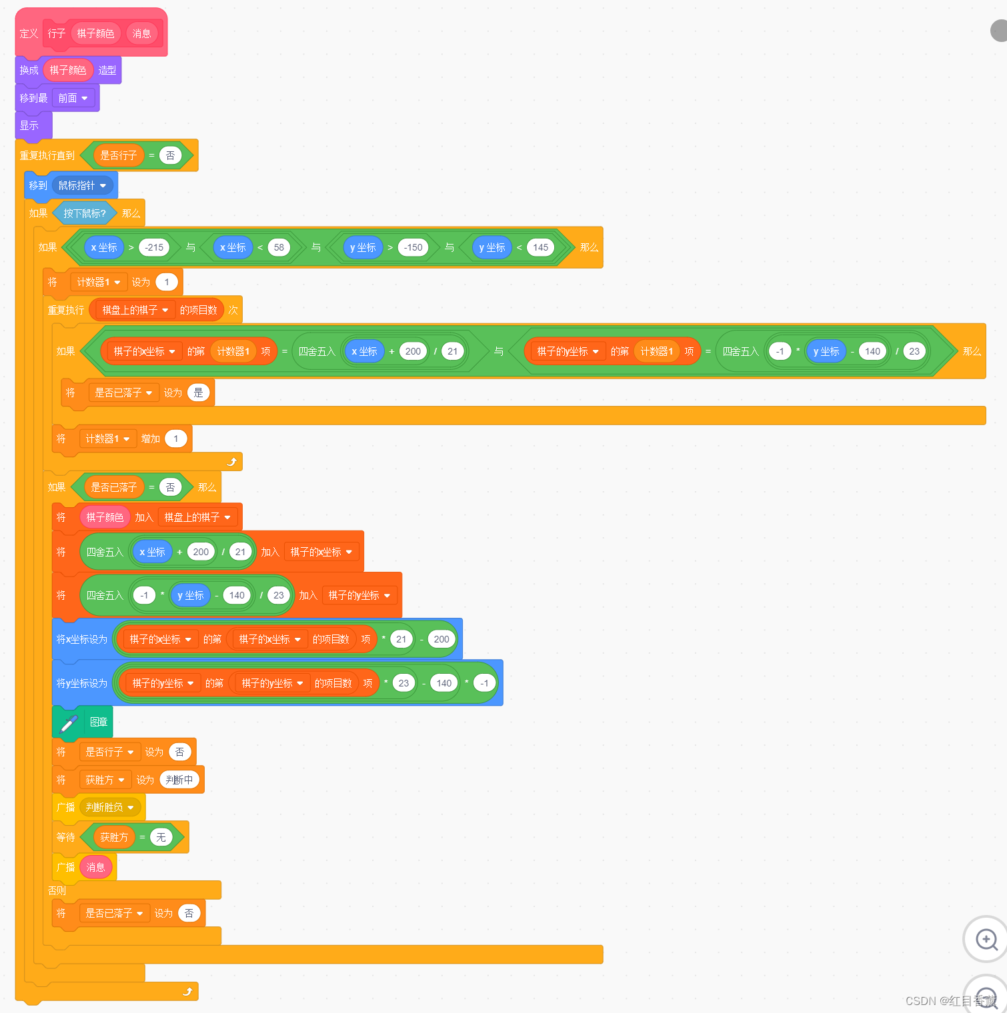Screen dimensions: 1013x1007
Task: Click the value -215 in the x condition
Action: click(x=154, y=247)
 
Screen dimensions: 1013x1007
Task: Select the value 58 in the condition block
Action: click(x=279, y=247)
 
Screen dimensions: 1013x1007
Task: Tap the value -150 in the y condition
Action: click(x=413, y=247)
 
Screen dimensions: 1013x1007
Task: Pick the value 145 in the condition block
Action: click(x=540, y=247)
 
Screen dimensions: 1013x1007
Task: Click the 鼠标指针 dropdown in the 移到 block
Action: click(x=83, y=185)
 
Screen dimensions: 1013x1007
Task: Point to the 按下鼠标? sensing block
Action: click(x=84, y=213)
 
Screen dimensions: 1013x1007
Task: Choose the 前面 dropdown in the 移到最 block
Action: click(x=73, y=98)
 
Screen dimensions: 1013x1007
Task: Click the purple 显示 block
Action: click(x=29, y=125)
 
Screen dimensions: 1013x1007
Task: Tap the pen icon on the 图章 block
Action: click(x=68, y=722)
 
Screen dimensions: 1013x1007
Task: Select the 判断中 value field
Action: click(x=179, y=780)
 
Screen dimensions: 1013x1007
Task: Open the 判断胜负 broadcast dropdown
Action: click(x=110, y=807)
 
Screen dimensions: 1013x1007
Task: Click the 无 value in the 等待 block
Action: click(x=161, y=837)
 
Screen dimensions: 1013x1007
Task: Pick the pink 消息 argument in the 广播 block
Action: click(x=96, y=867)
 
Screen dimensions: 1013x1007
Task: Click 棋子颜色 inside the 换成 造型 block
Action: click(x=68, y=70)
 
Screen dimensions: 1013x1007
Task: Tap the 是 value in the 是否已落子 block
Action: click(x=198, y=393)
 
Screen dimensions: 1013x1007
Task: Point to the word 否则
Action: click(x=57, y=890)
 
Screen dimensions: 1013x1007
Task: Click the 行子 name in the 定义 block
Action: click(x=56, y=33)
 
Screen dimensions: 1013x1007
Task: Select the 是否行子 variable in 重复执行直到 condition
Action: click(x=118, y=155)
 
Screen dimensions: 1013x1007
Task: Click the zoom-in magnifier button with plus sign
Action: click(x=986, y=939)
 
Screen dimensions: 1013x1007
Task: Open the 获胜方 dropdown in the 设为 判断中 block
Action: click(x=105, y=780)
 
